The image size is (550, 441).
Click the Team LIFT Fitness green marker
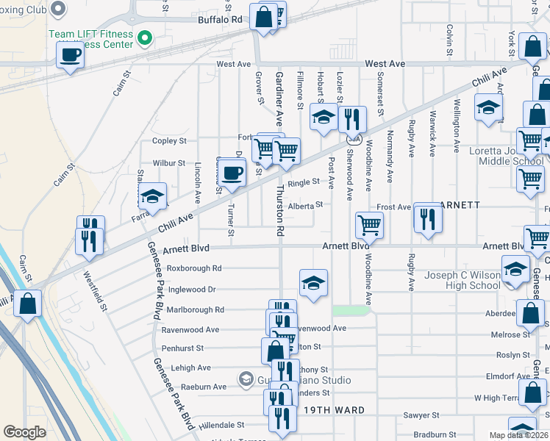(x=146, y=37)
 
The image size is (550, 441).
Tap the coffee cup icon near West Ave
(x=71, y=54)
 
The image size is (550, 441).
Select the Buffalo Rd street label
(x=220, y=20)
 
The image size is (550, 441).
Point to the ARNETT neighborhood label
(x=460, y=205)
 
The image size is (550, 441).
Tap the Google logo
(x=24, y=432)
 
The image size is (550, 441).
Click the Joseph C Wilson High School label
(x=463, y=281)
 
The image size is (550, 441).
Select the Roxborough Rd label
(x=194, y=268)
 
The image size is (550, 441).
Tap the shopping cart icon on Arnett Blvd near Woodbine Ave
(x=369, y=226)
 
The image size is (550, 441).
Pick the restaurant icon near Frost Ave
(x=426, y=218)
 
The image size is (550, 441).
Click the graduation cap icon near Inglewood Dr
(x=313, y=283)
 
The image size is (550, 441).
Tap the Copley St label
(x=169, y=140)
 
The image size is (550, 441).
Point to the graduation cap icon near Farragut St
(x=152, y=196)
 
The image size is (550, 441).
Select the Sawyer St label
(x=421, y=415)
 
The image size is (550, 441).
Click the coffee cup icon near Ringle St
(x=232, y=173)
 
